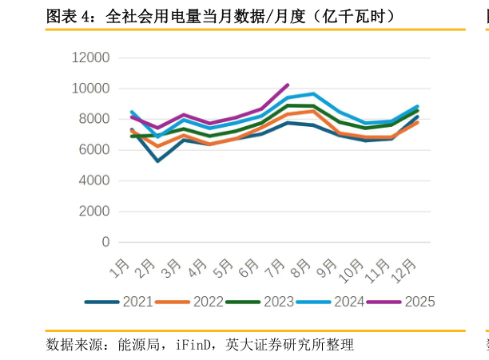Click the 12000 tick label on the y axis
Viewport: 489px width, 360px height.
click(90, 57)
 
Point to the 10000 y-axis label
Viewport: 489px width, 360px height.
click(90, 89)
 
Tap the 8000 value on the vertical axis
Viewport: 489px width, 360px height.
click(94, 119)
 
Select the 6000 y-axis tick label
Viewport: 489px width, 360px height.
click(94, 150)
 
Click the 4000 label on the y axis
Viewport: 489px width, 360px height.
click(94, 180)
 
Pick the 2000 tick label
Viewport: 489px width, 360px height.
click(94, 212)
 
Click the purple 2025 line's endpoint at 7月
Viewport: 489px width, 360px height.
click(288, 85)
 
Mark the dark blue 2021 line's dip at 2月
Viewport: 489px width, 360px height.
click(157, 161)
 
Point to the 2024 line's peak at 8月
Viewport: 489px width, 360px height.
click(313, 93)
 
